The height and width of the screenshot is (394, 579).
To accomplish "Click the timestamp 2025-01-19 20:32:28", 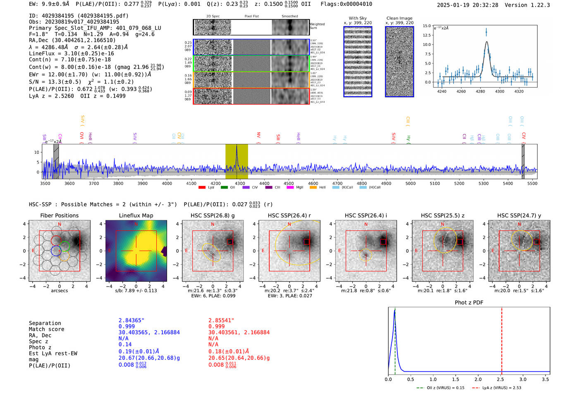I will coord(467,5).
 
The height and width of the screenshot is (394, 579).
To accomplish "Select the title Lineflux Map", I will coord(136,215).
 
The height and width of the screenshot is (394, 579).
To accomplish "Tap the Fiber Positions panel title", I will coord(59,215).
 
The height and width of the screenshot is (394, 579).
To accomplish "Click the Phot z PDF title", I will coord(469,303).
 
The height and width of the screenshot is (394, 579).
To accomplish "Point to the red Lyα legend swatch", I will coord(202,188).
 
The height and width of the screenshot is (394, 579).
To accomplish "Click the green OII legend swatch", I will coord(224,188).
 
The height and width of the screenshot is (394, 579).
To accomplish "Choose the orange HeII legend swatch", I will coord(313,188).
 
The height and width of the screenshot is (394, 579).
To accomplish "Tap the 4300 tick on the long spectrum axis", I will coord(240,183).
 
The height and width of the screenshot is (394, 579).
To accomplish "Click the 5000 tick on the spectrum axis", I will coord(410,183).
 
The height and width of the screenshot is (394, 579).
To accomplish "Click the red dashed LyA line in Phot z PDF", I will coord(502,339).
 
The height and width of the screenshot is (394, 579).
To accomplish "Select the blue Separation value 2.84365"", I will coord(131,320).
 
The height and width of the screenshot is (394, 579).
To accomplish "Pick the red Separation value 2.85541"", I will coord(221,320).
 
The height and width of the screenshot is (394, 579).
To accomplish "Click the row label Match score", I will coord(46,329).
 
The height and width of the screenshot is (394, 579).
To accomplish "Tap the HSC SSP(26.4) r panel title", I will coord(289,215).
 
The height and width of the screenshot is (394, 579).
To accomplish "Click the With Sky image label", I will coord(357,18).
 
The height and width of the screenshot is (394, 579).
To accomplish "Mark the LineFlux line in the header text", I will coord(71,53).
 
